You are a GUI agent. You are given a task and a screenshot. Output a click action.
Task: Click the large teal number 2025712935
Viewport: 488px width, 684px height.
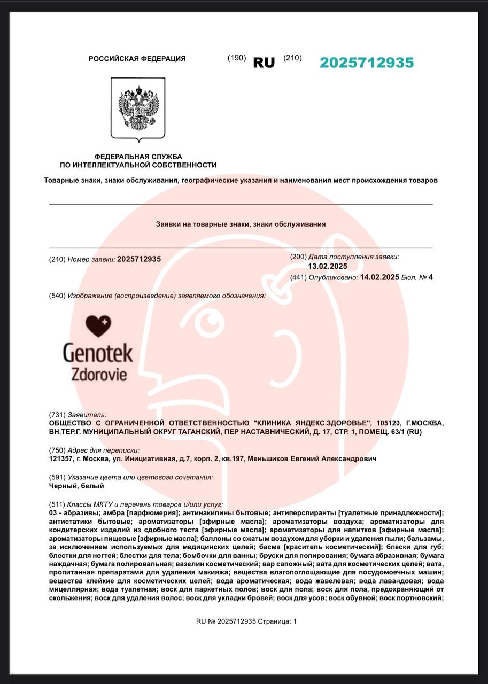click(x=367, y=63)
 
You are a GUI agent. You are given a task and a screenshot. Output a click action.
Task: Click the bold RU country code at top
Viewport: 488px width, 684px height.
click(x=264, y=63)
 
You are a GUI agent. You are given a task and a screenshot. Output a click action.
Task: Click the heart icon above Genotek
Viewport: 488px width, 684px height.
click(x=98, y=326)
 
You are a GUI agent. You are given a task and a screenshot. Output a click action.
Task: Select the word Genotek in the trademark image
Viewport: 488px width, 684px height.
click(x=98, y=353)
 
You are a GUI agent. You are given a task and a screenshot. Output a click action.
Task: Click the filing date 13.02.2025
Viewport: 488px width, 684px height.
click(x=328, y=266)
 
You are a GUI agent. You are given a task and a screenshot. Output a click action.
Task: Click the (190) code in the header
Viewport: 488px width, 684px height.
click(x=237, y=58)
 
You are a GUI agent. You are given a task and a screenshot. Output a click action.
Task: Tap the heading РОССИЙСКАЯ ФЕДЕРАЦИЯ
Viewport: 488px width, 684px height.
click(x=137, y=59)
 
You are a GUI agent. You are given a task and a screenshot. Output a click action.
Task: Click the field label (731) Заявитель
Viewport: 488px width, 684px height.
click(x=78, y=415)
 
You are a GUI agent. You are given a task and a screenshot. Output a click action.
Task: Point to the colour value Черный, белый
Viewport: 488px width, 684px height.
click(x=68, y=486)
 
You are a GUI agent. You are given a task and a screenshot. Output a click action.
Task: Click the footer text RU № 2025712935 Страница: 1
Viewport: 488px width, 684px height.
click(x=246, y=621)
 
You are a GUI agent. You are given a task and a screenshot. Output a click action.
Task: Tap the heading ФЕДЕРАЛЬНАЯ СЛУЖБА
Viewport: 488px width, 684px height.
click(x=138, y=157)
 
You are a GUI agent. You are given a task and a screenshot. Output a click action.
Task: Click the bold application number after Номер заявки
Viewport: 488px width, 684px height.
click(x=139, y=259)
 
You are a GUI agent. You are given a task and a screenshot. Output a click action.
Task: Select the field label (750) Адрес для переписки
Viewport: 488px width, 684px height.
click(x=94, y=450)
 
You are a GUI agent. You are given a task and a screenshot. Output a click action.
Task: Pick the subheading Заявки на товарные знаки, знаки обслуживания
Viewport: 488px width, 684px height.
click(x=241, y=224)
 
